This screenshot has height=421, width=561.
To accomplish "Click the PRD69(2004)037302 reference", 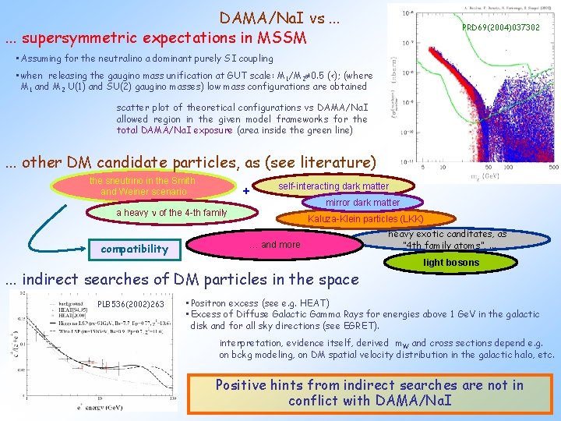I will click(x=500, y=27).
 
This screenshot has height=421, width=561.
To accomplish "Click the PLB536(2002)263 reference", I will click(x=131, y=304).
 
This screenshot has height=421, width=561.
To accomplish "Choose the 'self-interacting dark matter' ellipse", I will click(x=333, y=186).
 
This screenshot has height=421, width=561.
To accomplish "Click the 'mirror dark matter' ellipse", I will click(x=363, y=203).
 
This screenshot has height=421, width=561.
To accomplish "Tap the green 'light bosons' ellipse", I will click(x=451, y=263).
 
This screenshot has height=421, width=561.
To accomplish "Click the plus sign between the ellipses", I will click(x=246, y=191).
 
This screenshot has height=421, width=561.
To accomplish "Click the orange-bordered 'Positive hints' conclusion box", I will click(x=371, y=393).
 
